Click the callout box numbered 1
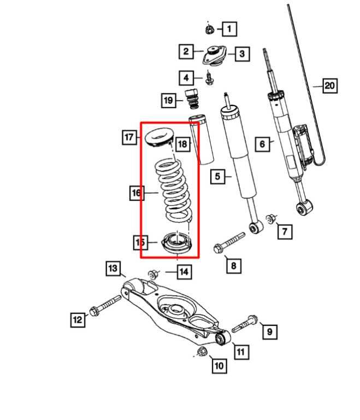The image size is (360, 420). (x=229, y=28)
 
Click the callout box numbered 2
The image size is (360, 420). (x=186, y=51)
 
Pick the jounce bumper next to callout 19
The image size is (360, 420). (x=192, y=100)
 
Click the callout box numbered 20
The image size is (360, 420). (x=329, y=86)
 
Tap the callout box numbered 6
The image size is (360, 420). (x=263, y=144)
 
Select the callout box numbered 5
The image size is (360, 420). (x=217, y=176)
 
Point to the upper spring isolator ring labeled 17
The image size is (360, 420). (x=160, y=137)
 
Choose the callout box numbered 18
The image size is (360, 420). (x=182, y=144)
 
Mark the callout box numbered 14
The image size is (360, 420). (x=185, y=271)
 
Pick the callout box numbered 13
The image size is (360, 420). (x=113, y=268)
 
